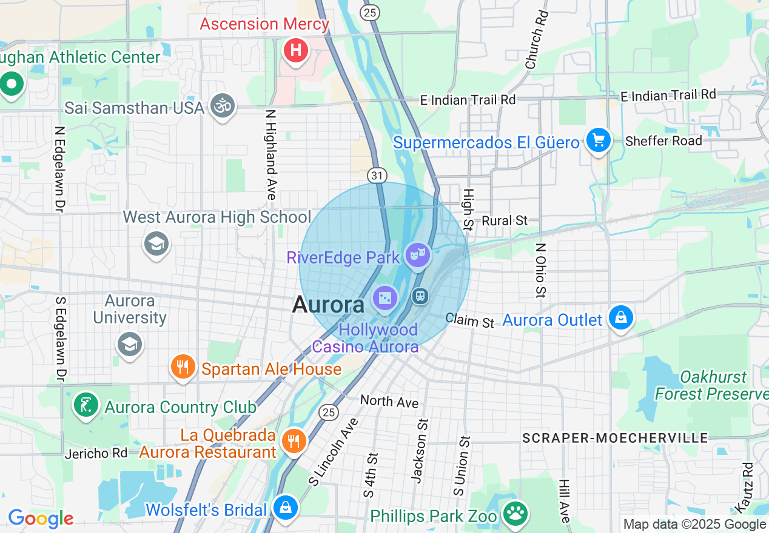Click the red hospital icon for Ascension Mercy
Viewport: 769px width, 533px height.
tap(295, 50)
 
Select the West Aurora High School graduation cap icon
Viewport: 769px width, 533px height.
tap(156, 245)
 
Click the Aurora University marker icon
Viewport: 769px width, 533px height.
tap(130, 344)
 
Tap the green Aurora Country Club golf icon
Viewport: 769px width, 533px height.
tap(86, 405)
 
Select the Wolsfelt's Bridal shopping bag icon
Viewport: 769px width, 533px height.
tap(284, 507)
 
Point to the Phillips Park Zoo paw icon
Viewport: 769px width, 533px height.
tap(516, 513)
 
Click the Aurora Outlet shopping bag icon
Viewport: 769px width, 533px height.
tap(621, 317)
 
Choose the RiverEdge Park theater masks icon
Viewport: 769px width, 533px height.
tap(418, 255)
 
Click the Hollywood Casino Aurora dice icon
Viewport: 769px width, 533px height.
tap(386, 298)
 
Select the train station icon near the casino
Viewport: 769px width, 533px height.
tap(420, 296)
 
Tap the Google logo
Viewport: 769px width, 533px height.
tap(41, 518)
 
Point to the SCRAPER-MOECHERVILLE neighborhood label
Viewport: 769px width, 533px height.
tap(615, 438)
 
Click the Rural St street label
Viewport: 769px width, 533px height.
tap(505, 221)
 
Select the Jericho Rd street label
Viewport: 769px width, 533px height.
tap(96, 453)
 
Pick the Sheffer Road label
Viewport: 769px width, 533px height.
tap(663, 141)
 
